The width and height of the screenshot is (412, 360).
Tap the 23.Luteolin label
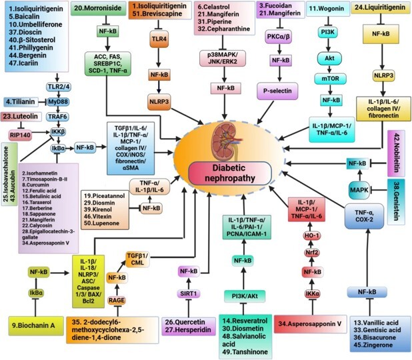tap(20, 116)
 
